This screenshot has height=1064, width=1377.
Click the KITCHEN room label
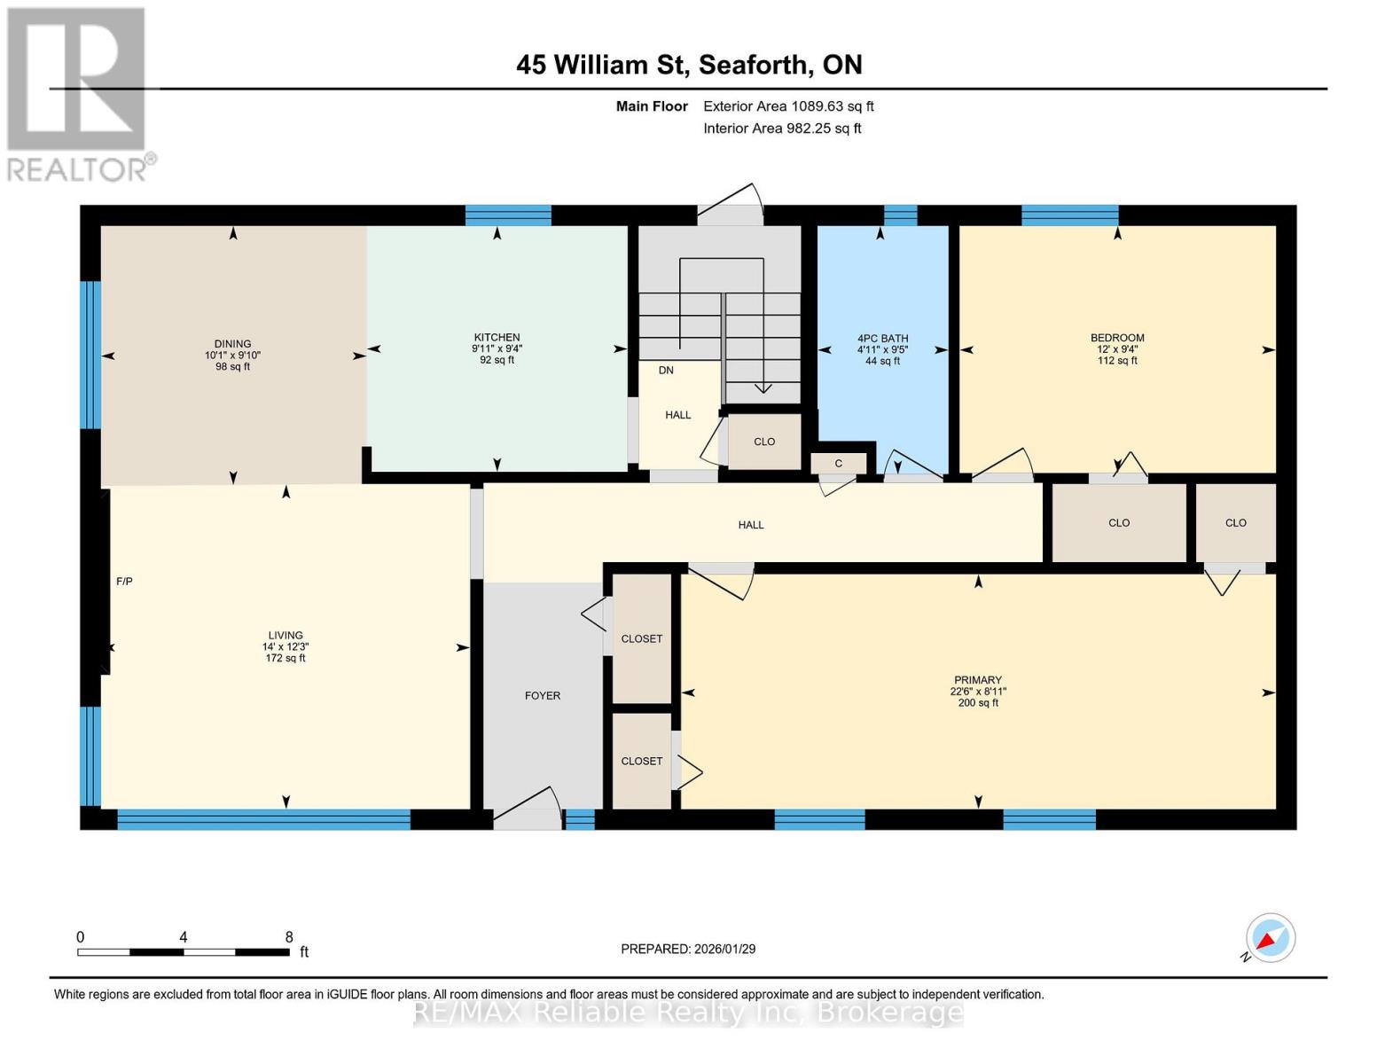497,337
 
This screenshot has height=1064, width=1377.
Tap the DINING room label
232,344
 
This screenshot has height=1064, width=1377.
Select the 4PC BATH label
882,339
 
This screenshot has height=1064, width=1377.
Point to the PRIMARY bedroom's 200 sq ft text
978,703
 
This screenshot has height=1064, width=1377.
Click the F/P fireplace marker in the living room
124,582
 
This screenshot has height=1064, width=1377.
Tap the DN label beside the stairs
666,371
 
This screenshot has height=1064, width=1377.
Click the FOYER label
543,696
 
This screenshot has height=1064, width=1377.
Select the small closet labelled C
838,463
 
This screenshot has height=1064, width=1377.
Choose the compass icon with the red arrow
1270,938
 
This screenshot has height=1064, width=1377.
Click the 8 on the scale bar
289,937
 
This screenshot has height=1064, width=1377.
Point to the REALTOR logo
78,93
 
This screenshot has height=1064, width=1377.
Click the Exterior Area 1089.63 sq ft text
788,106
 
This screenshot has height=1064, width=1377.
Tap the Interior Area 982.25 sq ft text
782,129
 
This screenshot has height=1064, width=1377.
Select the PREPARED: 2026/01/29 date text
688,949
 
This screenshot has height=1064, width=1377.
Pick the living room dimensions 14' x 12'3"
286,647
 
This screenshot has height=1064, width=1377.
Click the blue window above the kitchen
508,215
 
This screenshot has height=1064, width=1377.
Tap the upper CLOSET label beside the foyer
642,639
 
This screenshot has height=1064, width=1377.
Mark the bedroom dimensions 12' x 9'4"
1117,349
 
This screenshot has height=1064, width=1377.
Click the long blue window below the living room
263,819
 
